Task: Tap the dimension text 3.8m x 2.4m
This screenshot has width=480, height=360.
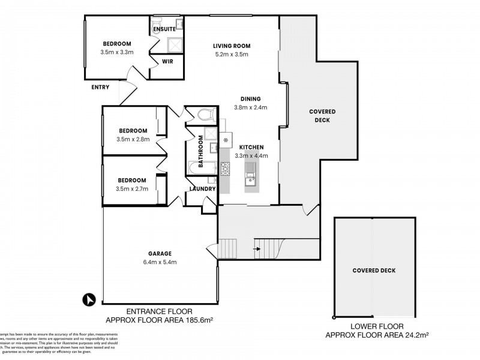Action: click(250, 108)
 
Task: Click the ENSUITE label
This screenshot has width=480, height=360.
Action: click(164, 28)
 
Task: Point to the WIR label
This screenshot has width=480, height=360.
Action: click(167, 61)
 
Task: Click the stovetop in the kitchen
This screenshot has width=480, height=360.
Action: click(226, 170)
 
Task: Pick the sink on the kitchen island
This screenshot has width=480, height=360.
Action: click(250, 176)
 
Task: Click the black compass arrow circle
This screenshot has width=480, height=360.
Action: click(89, 298)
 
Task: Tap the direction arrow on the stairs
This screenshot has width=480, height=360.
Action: click(257, 248)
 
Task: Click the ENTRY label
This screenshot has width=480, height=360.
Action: click(100, 88)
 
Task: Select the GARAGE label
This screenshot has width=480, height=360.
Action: click(160, 253)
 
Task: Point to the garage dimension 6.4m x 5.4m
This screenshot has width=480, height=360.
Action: click(160, 262)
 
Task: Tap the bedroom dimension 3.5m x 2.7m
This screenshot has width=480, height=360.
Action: click(131, 188)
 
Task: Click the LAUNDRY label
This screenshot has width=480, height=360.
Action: click(202, 189)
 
